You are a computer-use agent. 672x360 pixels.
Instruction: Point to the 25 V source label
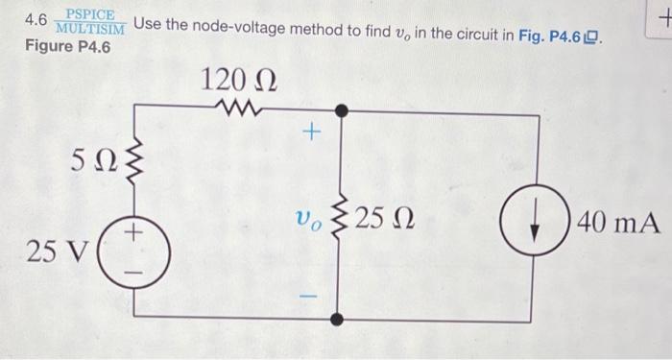click(x=58, y=252)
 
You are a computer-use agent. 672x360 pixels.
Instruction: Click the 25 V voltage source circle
click(x=135, y=252)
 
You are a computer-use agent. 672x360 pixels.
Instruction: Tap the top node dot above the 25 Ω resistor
click(x=336, y=109)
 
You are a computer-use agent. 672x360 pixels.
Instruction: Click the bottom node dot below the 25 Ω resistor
click(x=336, y=317)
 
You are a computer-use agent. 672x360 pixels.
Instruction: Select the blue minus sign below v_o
click(x=309, y=286)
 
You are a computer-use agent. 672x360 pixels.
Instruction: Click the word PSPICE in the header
click(x=90, y=14)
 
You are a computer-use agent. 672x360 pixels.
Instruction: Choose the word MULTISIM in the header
click(x=90, y=28)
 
